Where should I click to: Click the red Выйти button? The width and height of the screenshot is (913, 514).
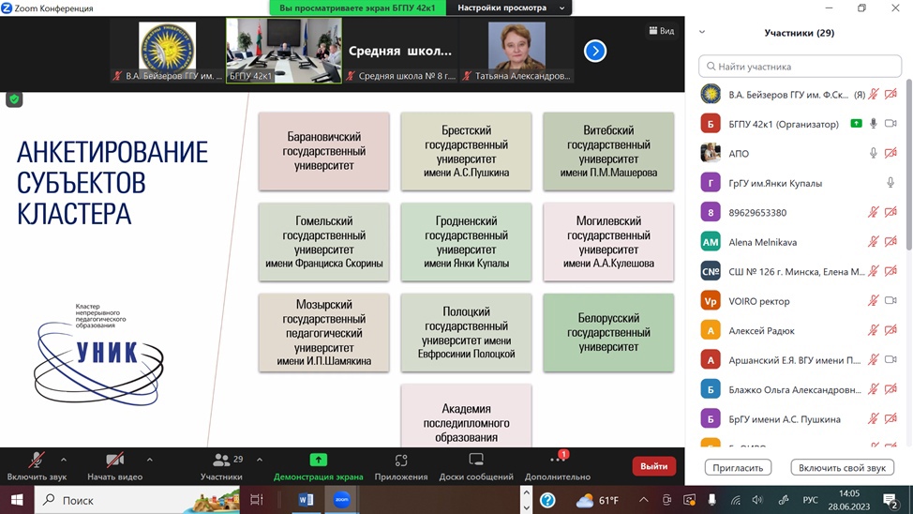654,466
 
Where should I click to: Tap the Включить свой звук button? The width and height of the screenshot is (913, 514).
842,467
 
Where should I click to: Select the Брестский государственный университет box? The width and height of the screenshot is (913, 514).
466,151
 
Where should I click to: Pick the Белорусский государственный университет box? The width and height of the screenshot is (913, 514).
608,332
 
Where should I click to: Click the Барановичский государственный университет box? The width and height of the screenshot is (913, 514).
323,151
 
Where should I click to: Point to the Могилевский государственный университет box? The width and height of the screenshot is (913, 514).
608,241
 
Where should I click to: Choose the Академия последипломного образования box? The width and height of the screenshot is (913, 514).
466,420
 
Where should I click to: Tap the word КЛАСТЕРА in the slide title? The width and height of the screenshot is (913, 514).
73,213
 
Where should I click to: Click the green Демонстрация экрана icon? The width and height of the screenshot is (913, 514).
319,460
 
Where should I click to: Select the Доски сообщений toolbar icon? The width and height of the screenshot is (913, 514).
476,460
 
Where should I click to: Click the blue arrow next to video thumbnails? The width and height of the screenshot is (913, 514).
595,52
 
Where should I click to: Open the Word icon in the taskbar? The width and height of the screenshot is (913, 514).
306,500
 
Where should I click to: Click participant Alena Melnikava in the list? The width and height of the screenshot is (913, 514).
762,242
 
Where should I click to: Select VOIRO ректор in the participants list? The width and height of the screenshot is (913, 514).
759,301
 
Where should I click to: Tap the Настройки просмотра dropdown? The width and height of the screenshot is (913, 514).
512,8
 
